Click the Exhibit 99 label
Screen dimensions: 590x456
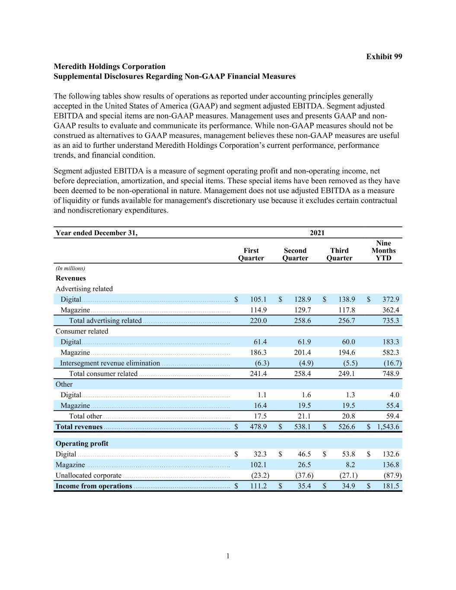384,57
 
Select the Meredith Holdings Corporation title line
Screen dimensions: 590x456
109,67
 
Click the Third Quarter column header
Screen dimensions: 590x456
339,254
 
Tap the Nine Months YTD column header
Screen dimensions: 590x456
383,251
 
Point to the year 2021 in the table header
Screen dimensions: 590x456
317,233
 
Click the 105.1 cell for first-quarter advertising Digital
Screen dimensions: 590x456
258,300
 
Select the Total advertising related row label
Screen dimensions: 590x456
105,321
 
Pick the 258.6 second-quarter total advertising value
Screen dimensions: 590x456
302,321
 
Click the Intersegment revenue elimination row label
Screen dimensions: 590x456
110,363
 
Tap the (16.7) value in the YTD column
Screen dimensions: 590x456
392,363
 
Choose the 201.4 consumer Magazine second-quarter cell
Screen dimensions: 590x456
302,353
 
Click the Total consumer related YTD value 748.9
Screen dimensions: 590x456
391,374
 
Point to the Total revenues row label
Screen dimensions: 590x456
79,427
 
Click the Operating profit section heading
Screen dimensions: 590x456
82,443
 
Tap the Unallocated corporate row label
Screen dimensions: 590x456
88,475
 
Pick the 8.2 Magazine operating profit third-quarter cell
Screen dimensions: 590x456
350,465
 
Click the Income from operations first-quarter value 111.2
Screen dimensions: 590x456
258,486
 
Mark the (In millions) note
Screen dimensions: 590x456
70,268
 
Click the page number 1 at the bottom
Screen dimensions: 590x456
228,556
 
